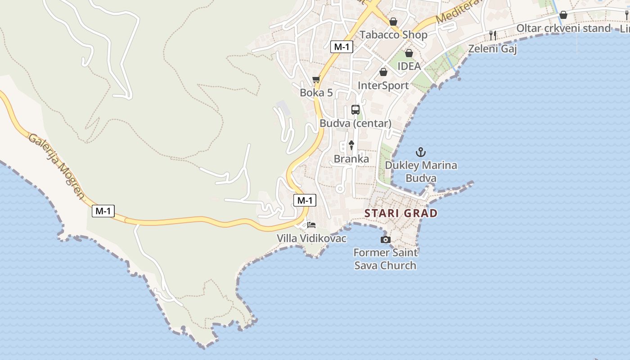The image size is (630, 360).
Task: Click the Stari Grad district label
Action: click(x=400, y=213)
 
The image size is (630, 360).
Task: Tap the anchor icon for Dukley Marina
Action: click(x=421, y=152)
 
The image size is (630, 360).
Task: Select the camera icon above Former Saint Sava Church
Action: click(x=385, y=239)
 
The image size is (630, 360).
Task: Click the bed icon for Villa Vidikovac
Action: click(x=311, y=225)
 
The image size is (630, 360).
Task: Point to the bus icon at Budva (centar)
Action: click(x=355, y=110)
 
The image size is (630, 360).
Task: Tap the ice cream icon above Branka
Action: click(x=351, y=145)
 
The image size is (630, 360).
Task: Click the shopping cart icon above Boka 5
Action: click(x=316, y=80)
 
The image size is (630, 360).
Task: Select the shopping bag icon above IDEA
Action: click(x=409, y=53)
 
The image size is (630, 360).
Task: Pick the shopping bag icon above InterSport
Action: click(x=383, y=72)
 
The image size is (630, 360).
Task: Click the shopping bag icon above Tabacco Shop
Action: click(x=393, y=22)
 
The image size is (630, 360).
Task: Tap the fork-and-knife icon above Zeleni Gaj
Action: click(x=493, y=35)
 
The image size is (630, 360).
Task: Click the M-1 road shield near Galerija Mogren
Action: click(x=103, y=211)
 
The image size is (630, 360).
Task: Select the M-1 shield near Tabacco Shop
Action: click(x=342, y=46)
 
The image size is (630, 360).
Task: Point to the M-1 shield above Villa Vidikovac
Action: click(x=305, y=200)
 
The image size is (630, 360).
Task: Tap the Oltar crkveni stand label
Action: click(x=563, y=28)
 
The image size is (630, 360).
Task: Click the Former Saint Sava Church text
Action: click(x=385, y=259)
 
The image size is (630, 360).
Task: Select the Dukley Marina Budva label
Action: click(x=421, y=171)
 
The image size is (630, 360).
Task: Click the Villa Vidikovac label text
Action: click(x=311, y=238)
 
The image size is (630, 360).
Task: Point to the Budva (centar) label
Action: click(x=355, y=123)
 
